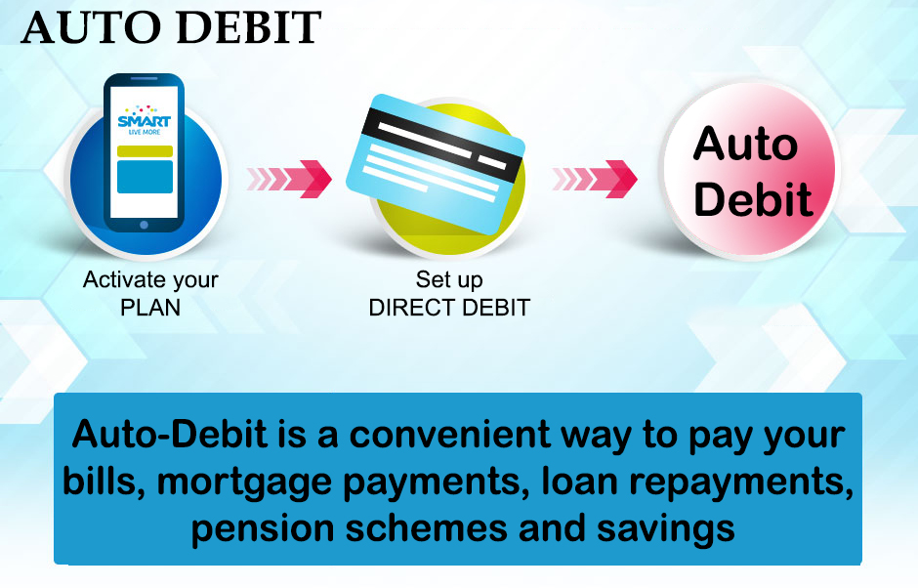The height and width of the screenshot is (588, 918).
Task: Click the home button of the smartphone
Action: point(145,224)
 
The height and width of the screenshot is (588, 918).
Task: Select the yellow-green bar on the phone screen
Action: point(145,151)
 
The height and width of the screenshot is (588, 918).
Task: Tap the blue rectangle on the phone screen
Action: point(145,177)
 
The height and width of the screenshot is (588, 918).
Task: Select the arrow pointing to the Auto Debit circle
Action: point(594,178)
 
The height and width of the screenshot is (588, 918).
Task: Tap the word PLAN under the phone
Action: point(150,308)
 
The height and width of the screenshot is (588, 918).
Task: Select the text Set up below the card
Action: point(449,280)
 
